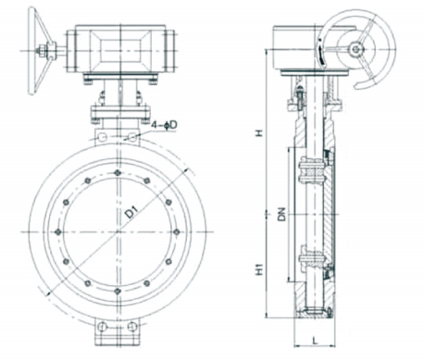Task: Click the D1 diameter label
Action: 131,213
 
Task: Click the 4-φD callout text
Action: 164,125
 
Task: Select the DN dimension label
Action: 281,214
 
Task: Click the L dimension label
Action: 315,341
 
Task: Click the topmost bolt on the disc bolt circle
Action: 117,173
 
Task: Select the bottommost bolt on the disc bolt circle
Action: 117,291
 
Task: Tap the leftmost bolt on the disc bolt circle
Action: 57,232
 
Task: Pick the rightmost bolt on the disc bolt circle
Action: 176,232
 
